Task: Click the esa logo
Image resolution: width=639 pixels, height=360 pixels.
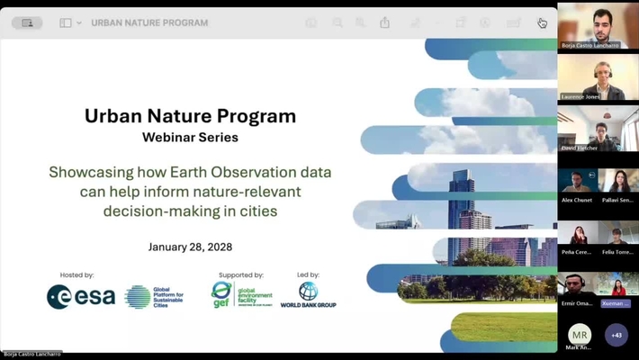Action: point(81,297)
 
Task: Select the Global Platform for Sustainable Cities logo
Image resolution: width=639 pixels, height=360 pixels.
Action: point(154,297)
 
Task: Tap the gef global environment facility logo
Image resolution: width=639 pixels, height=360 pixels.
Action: point(241,294)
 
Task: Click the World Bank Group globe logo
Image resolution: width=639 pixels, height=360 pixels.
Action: point(308,292)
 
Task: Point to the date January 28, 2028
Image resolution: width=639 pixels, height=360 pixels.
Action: point(190,247)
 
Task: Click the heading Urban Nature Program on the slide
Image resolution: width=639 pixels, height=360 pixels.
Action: point(190,116)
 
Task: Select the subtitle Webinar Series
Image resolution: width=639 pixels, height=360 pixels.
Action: point(190,138)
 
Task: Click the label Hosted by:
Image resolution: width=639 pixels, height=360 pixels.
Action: point(76,275)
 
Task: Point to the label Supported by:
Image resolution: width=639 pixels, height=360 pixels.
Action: point(240,275)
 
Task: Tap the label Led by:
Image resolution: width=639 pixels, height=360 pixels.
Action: point(308,275)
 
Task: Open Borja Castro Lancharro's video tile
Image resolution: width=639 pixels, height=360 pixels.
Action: point(598,27)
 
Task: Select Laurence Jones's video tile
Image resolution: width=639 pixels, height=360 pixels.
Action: point(598,79)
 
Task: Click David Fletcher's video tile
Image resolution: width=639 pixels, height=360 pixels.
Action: point(598,130)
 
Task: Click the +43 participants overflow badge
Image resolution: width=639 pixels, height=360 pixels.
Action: point(616,335)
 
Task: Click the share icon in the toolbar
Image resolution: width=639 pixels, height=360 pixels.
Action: point(384,22)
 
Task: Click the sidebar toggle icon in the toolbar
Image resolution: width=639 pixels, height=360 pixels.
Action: point(66,22)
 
